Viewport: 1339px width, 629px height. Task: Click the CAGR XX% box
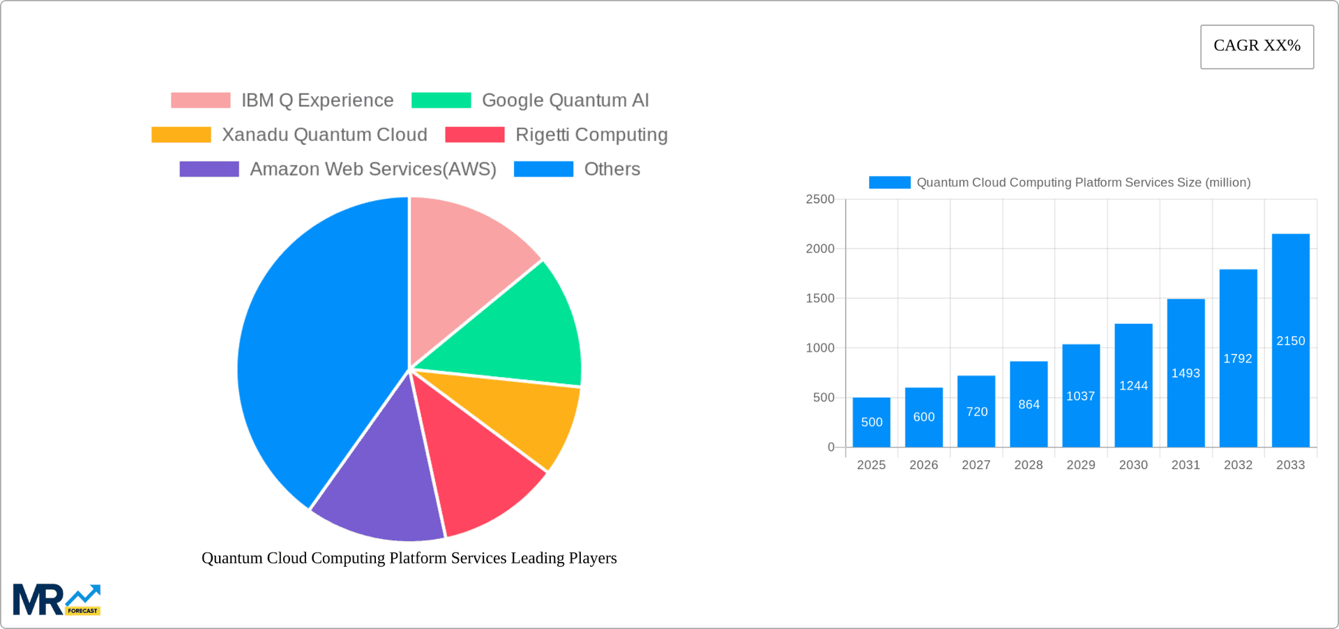1257,47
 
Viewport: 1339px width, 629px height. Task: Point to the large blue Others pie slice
314,349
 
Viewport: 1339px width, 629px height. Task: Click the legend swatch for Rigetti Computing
474,135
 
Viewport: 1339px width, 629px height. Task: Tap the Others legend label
612,169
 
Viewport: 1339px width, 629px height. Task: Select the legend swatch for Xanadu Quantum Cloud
181,135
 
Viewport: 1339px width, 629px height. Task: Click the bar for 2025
871,422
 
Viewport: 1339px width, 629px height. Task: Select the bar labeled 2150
1290,340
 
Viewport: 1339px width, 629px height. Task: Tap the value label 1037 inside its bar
1080,397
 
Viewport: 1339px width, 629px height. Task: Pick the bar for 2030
1133,385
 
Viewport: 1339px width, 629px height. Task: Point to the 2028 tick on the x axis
1028,465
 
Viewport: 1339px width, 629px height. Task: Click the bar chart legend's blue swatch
889,182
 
